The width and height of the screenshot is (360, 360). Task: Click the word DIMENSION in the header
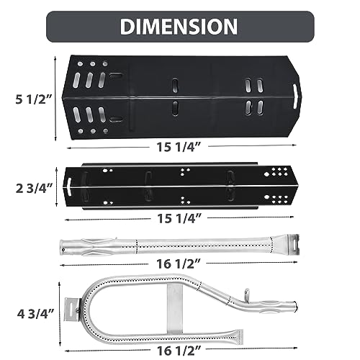click(179, 27)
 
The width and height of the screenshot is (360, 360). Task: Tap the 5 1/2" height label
click(34, 99)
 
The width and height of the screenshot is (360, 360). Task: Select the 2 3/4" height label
click(34, 189)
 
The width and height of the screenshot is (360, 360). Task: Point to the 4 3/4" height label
click(35, 314)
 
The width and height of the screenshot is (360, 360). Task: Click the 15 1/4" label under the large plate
click(179, 147)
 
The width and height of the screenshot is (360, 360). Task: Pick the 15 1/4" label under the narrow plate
click(179, 218)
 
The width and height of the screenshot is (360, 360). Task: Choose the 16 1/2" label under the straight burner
click(179, 264)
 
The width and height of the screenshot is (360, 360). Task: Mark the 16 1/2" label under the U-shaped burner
click(179, 351)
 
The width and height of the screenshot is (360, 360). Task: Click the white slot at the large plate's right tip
click(294, 96)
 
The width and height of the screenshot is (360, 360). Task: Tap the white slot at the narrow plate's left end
click(68, 186)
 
